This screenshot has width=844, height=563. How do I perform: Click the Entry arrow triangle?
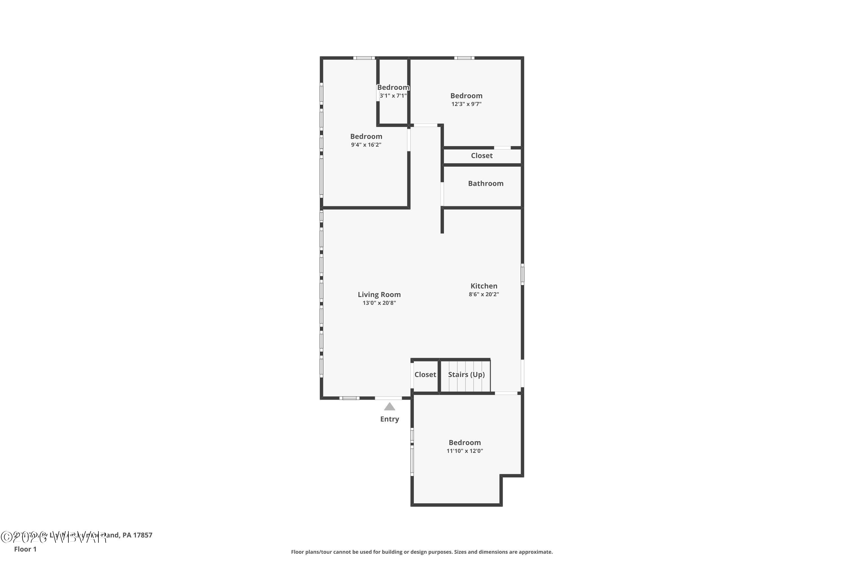pyautogui.click(x=389, y=406)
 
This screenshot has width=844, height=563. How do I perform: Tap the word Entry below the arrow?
pyautogui.click(x=389, y=419)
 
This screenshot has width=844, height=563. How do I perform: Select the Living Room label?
pyautogui.click(x=379, y=294)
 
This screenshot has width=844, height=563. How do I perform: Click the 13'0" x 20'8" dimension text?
pyautogui.click(x=379, y=303)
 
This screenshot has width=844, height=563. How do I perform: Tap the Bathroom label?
pyautogui.click(x=486, y=184)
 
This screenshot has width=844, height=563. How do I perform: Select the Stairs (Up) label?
pyautogui.click(x=466, y=374)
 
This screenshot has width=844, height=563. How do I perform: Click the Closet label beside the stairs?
pyautogui.click(x=425, y=374)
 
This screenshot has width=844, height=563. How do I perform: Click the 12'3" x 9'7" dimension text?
pyautogui.click(x=466, y=104)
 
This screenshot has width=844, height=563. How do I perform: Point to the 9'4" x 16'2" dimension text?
pyautogui.click(x=366, y=145)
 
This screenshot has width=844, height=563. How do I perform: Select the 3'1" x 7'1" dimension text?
pyautogui.click(x=393, y=96)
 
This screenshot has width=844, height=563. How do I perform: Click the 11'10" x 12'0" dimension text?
pyautogui.click(x=465, y=451)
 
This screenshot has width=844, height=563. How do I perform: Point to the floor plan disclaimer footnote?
pyautogui.click(x=422, y=552)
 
